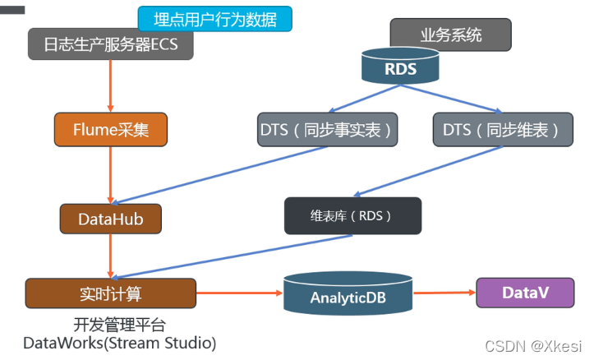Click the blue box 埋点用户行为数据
coord(214,18)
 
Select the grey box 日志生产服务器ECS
coord(111,44)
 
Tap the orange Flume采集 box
coord(111,130)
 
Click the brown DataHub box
coord(111,219)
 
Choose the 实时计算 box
coord(111,293)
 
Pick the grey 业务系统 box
coord(450,35)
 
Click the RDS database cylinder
coord(400,67)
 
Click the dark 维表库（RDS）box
coord(352,216)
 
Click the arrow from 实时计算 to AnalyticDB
coord(238,292)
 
